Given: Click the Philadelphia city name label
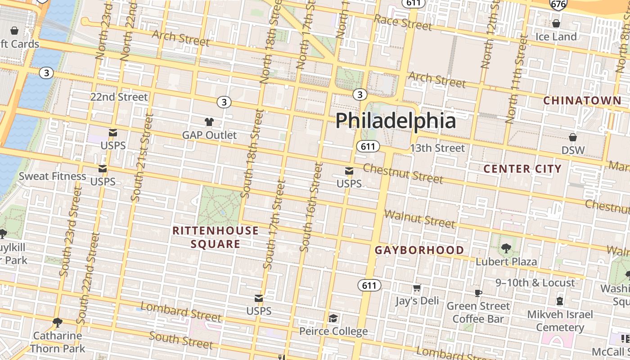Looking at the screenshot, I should (x=396, y=121).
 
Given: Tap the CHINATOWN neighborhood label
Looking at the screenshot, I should (x=582, y=100).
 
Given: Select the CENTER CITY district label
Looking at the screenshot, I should (x=522, y=169).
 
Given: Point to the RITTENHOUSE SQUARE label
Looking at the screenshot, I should (x=216, y=237).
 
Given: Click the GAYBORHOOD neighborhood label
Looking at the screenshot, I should (x=419, y=250).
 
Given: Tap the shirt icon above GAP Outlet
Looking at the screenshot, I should (x=209, y=121).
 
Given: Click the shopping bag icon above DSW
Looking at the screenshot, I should (x=573, y=137).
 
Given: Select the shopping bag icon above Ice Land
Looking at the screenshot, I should (x=556, y=23).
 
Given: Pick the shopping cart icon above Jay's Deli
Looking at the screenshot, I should (x=417, y=288).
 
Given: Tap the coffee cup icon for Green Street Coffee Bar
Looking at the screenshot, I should (x=478, y=293).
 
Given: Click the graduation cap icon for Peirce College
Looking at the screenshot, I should (x=333, y=319).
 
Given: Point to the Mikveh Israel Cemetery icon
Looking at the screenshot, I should (x=560, y=301).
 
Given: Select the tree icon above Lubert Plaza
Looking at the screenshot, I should (x=506, y=248).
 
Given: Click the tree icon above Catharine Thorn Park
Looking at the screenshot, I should (x=57, y=322).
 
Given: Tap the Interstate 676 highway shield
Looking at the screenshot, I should (x=558, y=4).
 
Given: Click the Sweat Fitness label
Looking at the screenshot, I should (x=52, y=176).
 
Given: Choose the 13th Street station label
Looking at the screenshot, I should (x=437, y=148).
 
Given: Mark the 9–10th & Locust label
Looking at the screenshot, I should (x=535, y=283).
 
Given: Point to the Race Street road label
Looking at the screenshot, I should (x=403, y=22).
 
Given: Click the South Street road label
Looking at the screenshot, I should (x=181, y=340).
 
